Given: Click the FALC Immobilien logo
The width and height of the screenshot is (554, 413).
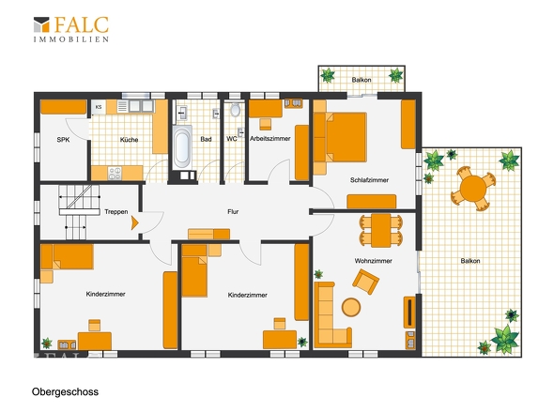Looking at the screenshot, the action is coord(71,29).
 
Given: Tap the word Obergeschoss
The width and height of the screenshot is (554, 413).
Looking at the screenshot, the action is coord(66,391).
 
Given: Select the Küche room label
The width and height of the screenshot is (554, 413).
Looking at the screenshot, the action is coord(129,140).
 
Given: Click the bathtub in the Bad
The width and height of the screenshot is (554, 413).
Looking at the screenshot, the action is coord(182,146).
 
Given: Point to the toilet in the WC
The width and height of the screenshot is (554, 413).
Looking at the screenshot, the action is coord(235,110).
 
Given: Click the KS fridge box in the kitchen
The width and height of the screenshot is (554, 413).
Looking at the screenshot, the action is coord(99,107).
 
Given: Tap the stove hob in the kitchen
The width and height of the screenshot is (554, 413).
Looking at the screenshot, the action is coord(115,173).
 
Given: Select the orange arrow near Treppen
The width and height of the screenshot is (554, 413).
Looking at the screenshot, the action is coord(134,223).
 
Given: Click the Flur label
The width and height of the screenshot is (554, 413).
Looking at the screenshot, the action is coord(233,211).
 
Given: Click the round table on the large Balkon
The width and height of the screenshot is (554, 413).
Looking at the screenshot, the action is coord(473,189).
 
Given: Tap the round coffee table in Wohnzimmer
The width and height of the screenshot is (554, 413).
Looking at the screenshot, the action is coord(351,307).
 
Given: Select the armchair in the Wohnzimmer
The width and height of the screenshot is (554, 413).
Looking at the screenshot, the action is coord(365,282).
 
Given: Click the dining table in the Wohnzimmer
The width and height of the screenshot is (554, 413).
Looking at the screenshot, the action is coord(381,230).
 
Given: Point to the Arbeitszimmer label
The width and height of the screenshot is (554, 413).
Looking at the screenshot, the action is coord(270,139).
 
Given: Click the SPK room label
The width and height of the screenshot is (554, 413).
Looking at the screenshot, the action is coord(63,140).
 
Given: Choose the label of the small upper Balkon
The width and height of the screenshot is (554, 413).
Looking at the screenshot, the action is coord(362,80).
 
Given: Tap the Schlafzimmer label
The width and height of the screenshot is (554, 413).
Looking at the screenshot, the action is coord(369,180).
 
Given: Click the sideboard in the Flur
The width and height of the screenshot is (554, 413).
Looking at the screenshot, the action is coord(208,235).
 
